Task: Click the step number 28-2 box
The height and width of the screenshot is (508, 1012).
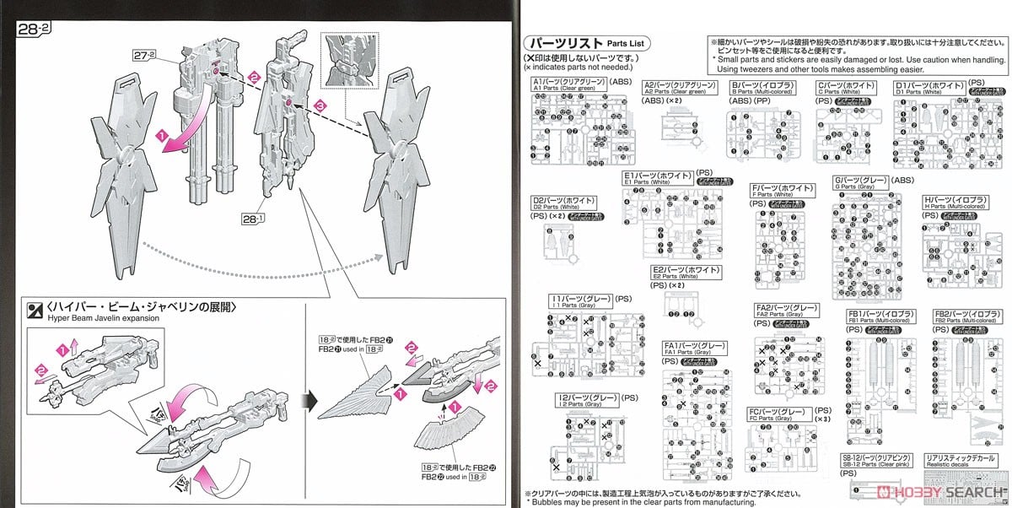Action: point(35,27)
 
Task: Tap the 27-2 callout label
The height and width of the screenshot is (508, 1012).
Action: point(144,55)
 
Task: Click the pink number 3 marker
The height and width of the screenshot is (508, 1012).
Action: point(320,105)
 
